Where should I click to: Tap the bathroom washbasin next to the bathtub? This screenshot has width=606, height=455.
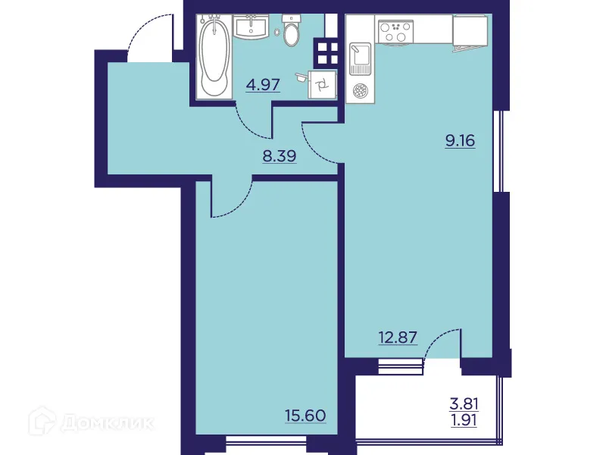(251, 28)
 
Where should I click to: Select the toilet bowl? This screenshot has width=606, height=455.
(291, 31)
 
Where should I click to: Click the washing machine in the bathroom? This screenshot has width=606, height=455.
(323, 84)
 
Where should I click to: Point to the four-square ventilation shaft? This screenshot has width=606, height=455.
(326, 53)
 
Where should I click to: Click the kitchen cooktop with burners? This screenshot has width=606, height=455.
(396, 31)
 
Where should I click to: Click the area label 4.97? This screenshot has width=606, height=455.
(263, 84)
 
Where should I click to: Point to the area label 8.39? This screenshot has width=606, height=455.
(279, 157)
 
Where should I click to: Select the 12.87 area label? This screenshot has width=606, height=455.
(398, 337)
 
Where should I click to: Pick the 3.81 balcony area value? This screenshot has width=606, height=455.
(465, 403)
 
